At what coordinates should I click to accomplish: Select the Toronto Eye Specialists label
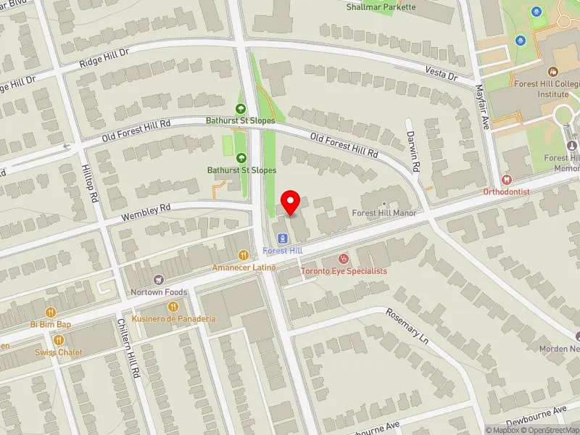coord(344,271)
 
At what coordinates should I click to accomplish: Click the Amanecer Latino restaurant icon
coord(244,254)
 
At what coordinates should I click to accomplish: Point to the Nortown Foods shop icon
coord(159,280)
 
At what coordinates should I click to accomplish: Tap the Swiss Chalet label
coord(59,352)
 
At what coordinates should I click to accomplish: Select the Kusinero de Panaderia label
coord(173,319)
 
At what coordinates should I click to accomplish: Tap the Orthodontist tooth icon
coord(507,179)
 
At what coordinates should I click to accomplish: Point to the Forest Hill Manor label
coord(384,213)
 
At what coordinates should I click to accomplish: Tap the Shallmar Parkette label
coord(381,7)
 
